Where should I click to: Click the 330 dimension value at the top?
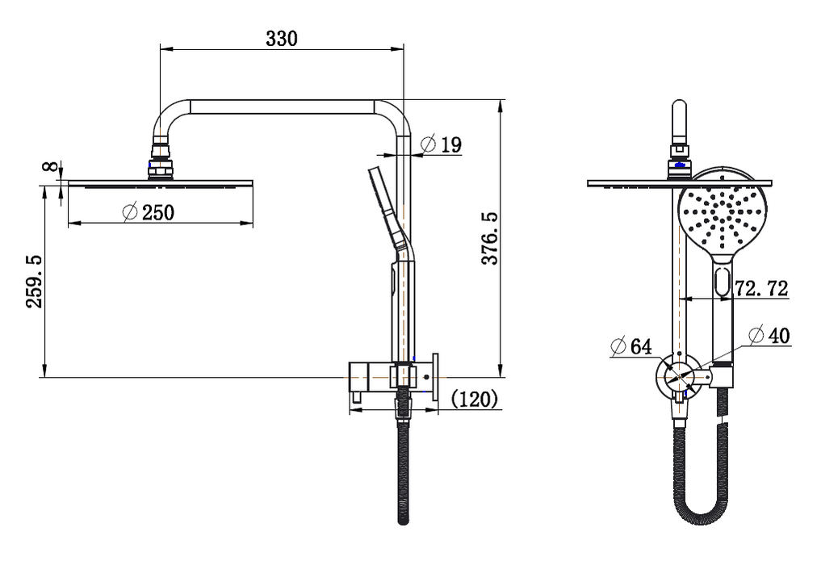coord(282,38)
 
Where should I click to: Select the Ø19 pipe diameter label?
coord(441,145)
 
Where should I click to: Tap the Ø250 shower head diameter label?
coord(148,212)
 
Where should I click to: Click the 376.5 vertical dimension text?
coord(489,239)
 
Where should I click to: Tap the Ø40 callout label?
coord(769,337)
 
